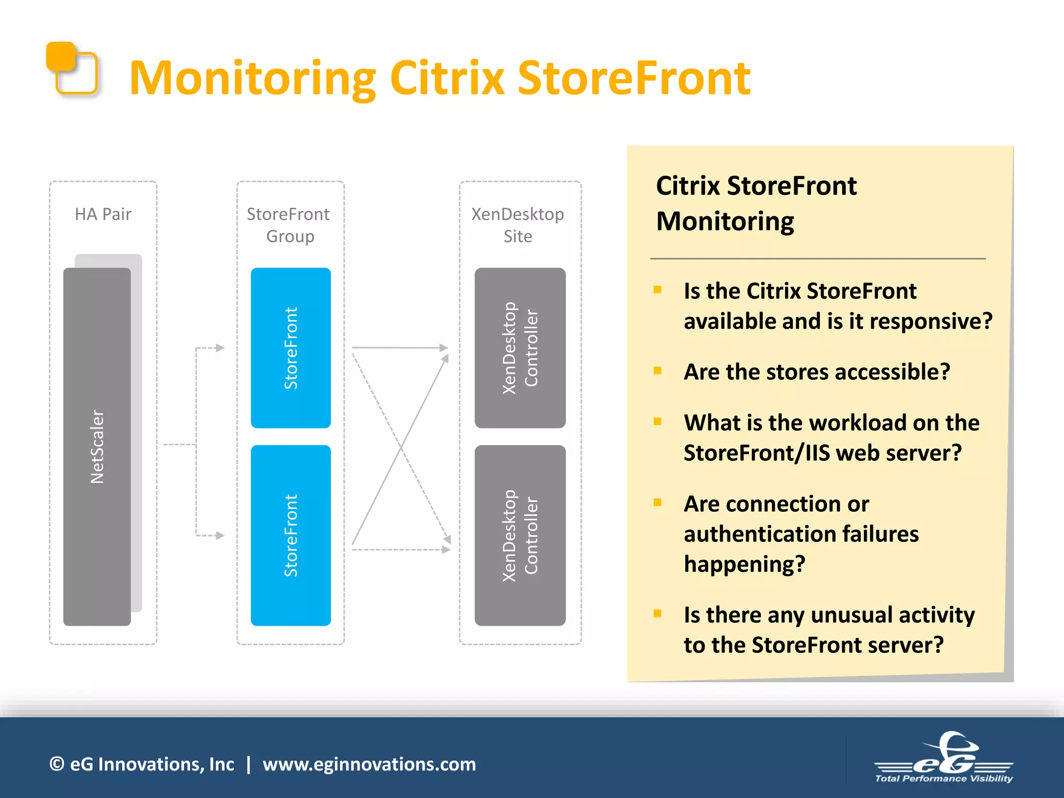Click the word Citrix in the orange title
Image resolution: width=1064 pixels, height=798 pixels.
point(447,79)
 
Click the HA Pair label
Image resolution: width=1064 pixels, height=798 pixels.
point(103,214)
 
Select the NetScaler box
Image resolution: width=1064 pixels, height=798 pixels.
point(97,447)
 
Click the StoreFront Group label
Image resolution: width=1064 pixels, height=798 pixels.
point(289,225)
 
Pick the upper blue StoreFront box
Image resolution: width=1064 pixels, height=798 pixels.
point(290,348)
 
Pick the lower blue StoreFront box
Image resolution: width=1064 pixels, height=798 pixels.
point(290,535)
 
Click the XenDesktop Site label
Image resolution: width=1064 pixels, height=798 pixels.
point(517,225)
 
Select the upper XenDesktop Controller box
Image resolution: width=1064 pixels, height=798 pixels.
point(520,348)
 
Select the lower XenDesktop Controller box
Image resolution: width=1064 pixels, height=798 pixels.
point(520,535)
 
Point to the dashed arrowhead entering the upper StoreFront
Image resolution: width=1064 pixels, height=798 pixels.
point(220,348)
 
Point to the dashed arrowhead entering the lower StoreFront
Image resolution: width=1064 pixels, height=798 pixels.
point(220,535)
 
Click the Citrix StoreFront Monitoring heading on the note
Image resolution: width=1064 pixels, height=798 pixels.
point(756,203)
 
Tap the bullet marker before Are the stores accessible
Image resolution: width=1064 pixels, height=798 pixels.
point(658,370)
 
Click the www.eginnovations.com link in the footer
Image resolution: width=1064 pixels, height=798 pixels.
point(369,764)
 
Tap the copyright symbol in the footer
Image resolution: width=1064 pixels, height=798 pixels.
point(57,764)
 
